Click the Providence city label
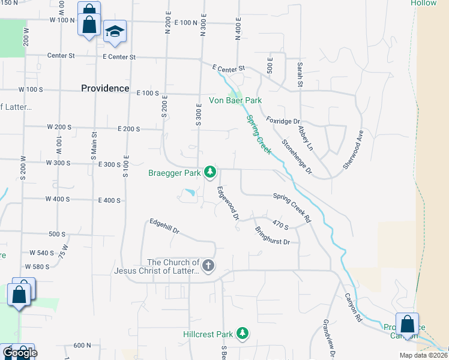(x=105, y=88)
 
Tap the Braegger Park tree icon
(x=209, y=173)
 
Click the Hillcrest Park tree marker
(x=243, y=334)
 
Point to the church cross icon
(x=208, y=266)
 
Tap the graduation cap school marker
(x=115, y=32)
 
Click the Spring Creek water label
(x=260, y=134)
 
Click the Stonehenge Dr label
(x=298, y=157)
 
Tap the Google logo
(x=20, y=353)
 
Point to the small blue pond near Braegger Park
(x=190, y=193)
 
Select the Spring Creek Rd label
(x=292, y=208)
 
